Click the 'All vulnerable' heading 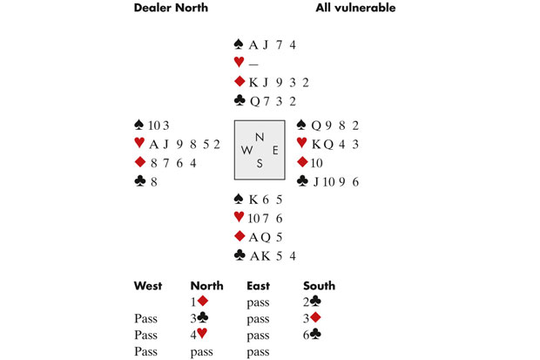pyautogui.click(x=354, y=9)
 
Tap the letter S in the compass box pyautogui.click(x=259, y=164)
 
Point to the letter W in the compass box pyautogui.click(x=246, y=149)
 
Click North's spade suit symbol pyautogui.click(x=239, y=44)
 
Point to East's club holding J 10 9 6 pyautogui.click(x=334, y=181)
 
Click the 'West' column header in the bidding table pyautogui.click(x=148, y=285)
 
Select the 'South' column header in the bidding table pyautogui.click(x=319, y=285)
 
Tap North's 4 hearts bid pyautogui.click(x=200, y=334)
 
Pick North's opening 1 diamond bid pyautogui.click(x=200, y=302)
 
